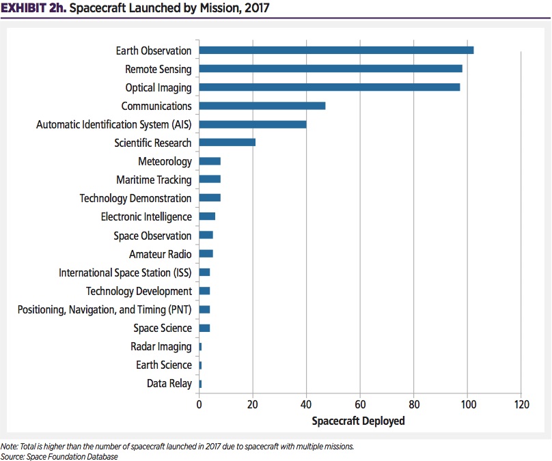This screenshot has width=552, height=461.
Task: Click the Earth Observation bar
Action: [336, 50]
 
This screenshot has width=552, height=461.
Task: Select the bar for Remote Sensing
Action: [331, 68]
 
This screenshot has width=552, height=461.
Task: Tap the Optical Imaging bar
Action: [329, 87]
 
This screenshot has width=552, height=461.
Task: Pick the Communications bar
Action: [262, 106]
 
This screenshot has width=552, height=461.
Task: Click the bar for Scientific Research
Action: [227, 143]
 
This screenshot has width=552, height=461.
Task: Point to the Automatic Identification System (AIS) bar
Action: [253, 124]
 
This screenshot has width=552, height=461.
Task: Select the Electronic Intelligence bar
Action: [207, 216]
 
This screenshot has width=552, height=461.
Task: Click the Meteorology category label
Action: [165, 161]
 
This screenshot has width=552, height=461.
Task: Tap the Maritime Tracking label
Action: [154, 180]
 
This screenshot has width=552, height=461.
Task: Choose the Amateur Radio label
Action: [161, 254]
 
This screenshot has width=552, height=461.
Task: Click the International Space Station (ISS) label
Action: [125, 273]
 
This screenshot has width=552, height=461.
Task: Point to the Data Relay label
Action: [169, 383]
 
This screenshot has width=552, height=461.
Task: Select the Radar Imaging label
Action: [161, 346]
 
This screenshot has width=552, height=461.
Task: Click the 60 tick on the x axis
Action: [360, 404]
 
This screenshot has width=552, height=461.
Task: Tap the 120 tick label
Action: [521, 404]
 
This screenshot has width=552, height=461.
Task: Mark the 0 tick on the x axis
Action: [199, 404]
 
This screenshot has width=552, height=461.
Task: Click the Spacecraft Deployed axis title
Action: [358, 421]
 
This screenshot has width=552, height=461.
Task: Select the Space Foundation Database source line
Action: [59, 456]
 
